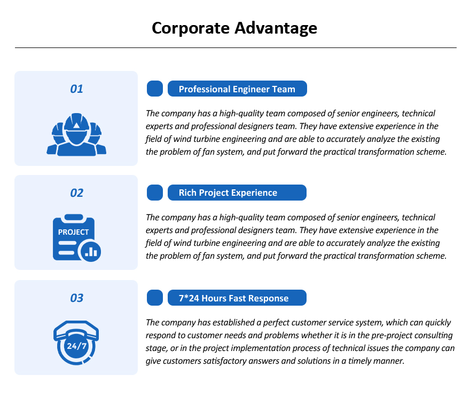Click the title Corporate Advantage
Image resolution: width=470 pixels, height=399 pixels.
point(234,28)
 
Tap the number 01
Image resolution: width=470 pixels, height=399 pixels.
point(76,89)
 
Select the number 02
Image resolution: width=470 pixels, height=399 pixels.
point(77,193)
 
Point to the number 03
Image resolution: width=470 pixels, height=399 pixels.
point(77,298)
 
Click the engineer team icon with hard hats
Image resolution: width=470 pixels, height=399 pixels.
point(76,134)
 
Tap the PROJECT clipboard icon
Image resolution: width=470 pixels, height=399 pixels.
point(77,238)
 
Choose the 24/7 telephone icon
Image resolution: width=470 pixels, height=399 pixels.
point(76,343)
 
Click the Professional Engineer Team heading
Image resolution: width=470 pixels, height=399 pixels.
point(237,89)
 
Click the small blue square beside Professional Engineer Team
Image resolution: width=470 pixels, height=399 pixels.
point(155,89)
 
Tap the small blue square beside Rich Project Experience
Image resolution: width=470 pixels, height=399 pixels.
point(155,193)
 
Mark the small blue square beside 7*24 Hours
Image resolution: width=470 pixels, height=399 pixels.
point(155,298)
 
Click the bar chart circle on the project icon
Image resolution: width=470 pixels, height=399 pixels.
point(90,251)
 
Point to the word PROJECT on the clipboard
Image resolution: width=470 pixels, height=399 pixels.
point(74,232)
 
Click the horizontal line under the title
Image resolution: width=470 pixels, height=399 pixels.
point(236,47)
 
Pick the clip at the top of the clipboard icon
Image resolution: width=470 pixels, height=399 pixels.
point(74,217)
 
